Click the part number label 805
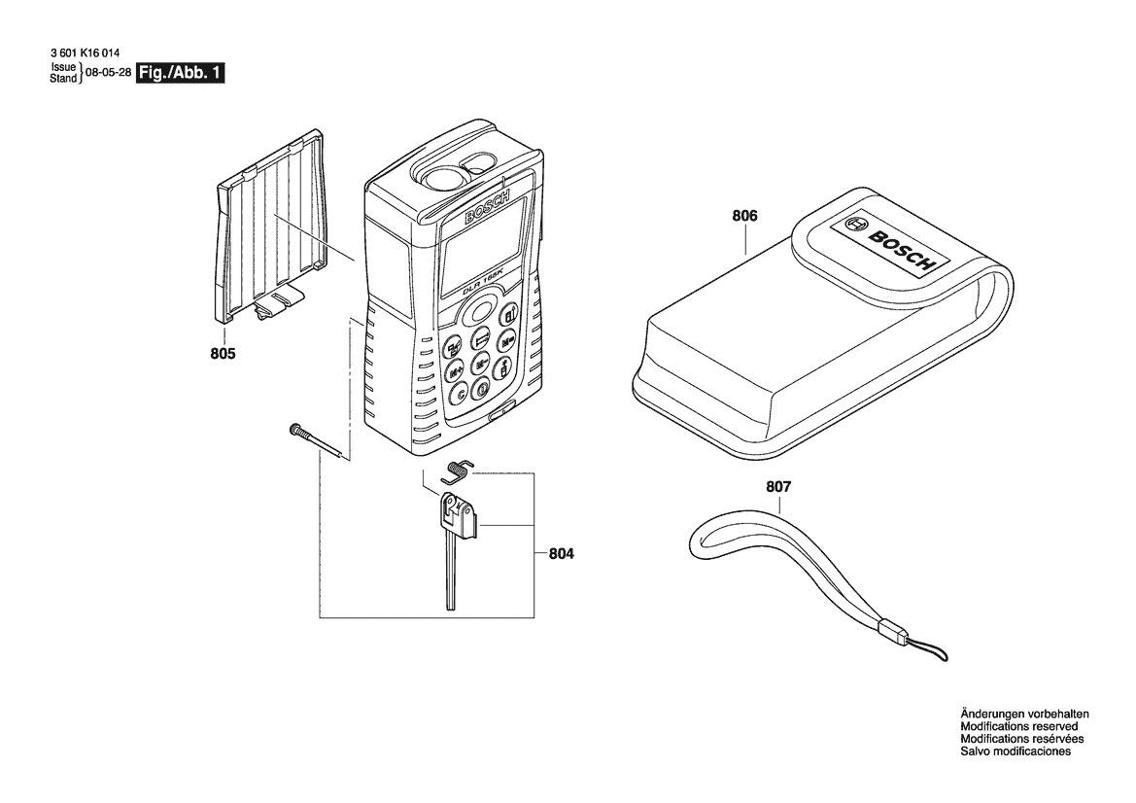point(223,354)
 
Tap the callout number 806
point(744,215)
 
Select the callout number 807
point(778,487)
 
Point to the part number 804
point(561,554)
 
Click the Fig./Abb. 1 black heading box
point(181,73)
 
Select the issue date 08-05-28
point(108,73)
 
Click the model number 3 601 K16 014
point(86,52)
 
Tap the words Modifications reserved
point(1018,726)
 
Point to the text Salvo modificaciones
point(1015,751)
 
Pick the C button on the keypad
point(458,395)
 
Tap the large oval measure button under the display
point(477,312)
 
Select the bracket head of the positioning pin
point(458,515)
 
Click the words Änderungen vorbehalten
point(1024,714)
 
